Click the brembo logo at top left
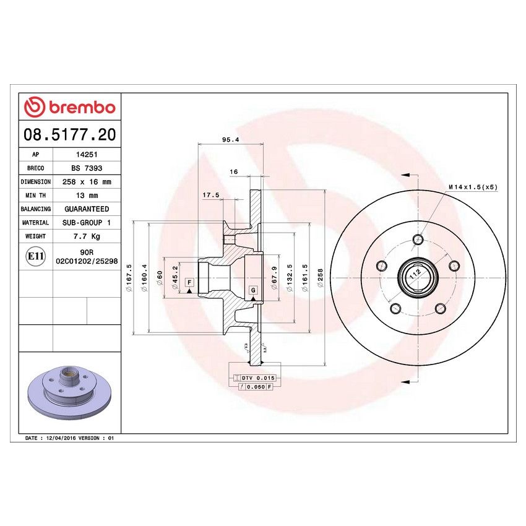pos(69,107)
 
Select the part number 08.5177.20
pos(69,134)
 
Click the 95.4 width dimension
pos(230,140)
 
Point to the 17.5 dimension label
pos(211,196)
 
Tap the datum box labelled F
pos(189,283)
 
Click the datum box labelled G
pos(253,290)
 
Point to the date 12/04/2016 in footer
pos(63,438)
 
